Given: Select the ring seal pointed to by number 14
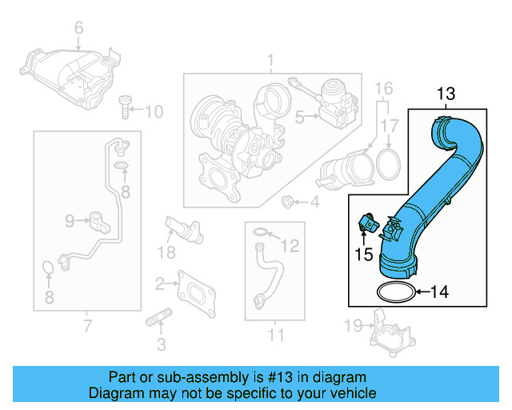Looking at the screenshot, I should (x=394, y=290).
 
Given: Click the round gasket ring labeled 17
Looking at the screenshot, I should (x=389, y=165).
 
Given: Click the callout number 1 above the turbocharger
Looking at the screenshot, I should (x=270, y=60).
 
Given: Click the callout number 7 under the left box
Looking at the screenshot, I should (x=87, y=325).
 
